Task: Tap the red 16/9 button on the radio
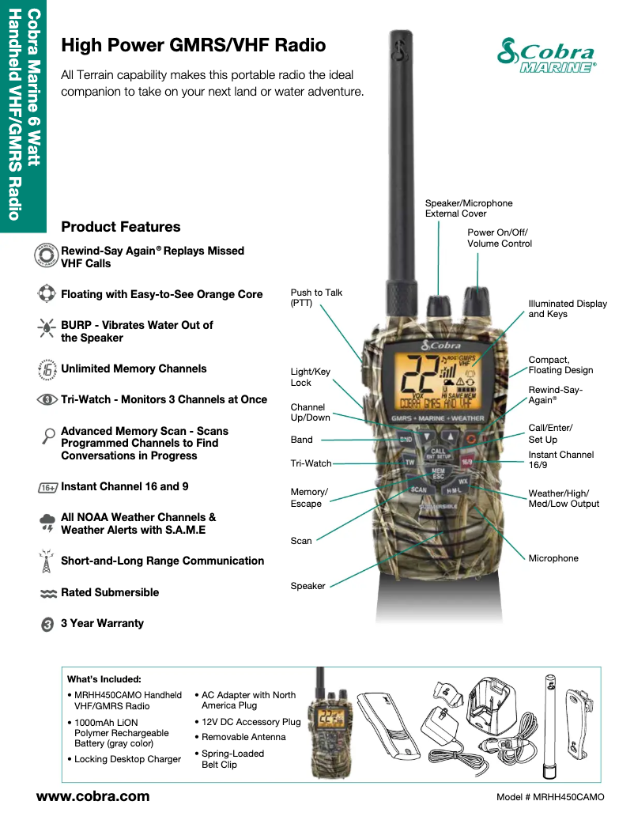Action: point(466,462)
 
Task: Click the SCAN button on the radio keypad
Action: point(419,489)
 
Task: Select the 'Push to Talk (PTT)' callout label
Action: point(316,297)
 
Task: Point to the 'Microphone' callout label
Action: point(553,558)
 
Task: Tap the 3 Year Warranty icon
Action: point(47,625)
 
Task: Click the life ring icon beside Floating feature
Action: point(47,293)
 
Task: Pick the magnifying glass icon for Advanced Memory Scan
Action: point(48,436)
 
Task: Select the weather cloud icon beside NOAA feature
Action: point(47,523)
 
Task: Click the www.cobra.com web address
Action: point(93,796)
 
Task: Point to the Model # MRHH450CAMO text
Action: point(550,797)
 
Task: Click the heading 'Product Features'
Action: point(121,226)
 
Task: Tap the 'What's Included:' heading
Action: point(104,679)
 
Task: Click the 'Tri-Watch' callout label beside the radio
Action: point(311,463)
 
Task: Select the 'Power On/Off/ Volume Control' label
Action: point(499,238)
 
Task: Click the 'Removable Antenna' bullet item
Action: point(243,737)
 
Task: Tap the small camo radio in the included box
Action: point(328,723)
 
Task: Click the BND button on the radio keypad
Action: point(406,440)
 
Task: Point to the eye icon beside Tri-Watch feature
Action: point(47,399)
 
